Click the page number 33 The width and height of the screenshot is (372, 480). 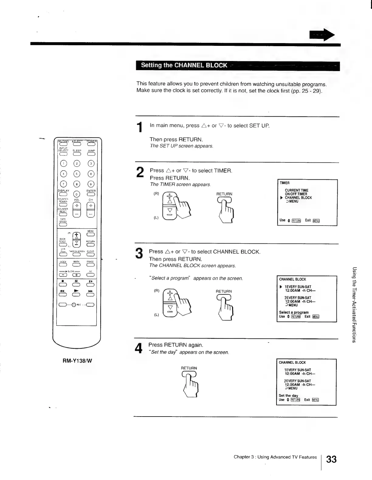click(331, 459)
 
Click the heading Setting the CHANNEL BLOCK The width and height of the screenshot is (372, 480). click(184, 66)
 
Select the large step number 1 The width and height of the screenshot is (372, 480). click(139, 127)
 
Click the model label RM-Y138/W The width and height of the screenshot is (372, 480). click(77, 361)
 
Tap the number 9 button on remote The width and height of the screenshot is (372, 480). click(91, 184)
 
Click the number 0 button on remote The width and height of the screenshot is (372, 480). click(77, 194)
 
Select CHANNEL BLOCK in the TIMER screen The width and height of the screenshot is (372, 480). click(298, 198)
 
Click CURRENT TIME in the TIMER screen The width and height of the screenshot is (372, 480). click(296, 190)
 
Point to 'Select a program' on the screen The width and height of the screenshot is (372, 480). click(294, 312)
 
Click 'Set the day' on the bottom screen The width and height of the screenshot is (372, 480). click(288, 396)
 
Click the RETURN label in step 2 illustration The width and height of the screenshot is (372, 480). click(224, 194)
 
